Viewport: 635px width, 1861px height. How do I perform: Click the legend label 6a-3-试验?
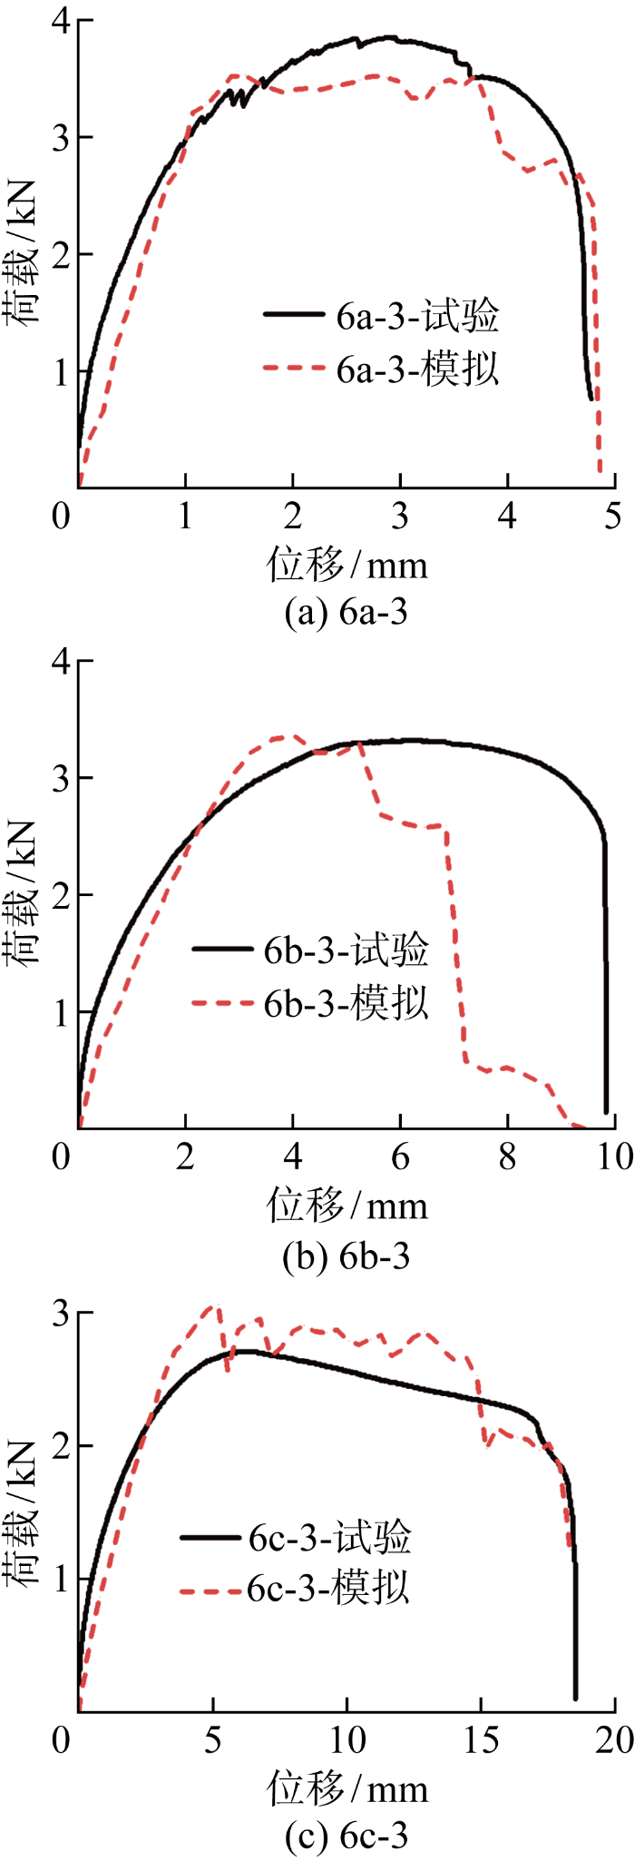[x=417, y=316]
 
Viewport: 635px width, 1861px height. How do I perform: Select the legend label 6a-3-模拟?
[x=417, y=369]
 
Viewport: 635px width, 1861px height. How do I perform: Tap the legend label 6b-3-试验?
[x=346, y=950]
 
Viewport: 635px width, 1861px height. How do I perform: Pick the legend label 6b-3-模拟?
[x=346, y=1004]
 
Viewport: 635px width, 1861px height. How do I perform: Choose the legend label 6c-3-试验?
[x=329, y=1538]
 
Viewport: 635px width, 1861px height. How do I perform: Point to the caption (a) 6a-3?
[x=346, y=613]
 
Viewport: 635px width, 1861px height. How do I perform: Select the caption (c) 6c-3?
[x=346, y=1836]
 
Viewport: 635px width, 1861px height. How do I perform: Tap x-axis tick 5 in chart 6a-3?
[x=613, y=517]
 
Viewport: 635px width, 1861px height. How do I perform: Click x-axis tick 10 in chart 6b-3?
[x=613, y=1157]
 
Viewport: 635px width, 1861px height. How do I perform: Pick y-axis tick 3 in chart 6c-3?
[x=61, y=1314]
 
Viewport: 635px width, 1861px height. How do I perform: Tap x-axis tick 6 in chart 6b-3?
[x=400, y=1157]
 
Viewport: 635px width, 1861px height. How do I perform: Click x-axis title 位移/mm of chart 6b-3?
[x=347, y=1206]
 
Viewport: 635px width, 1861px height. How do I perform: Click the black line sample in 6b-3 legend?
[x=222, y=950]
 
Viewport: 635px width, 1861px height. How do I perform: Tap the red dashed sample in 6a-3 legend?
[x=294, y=369]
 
